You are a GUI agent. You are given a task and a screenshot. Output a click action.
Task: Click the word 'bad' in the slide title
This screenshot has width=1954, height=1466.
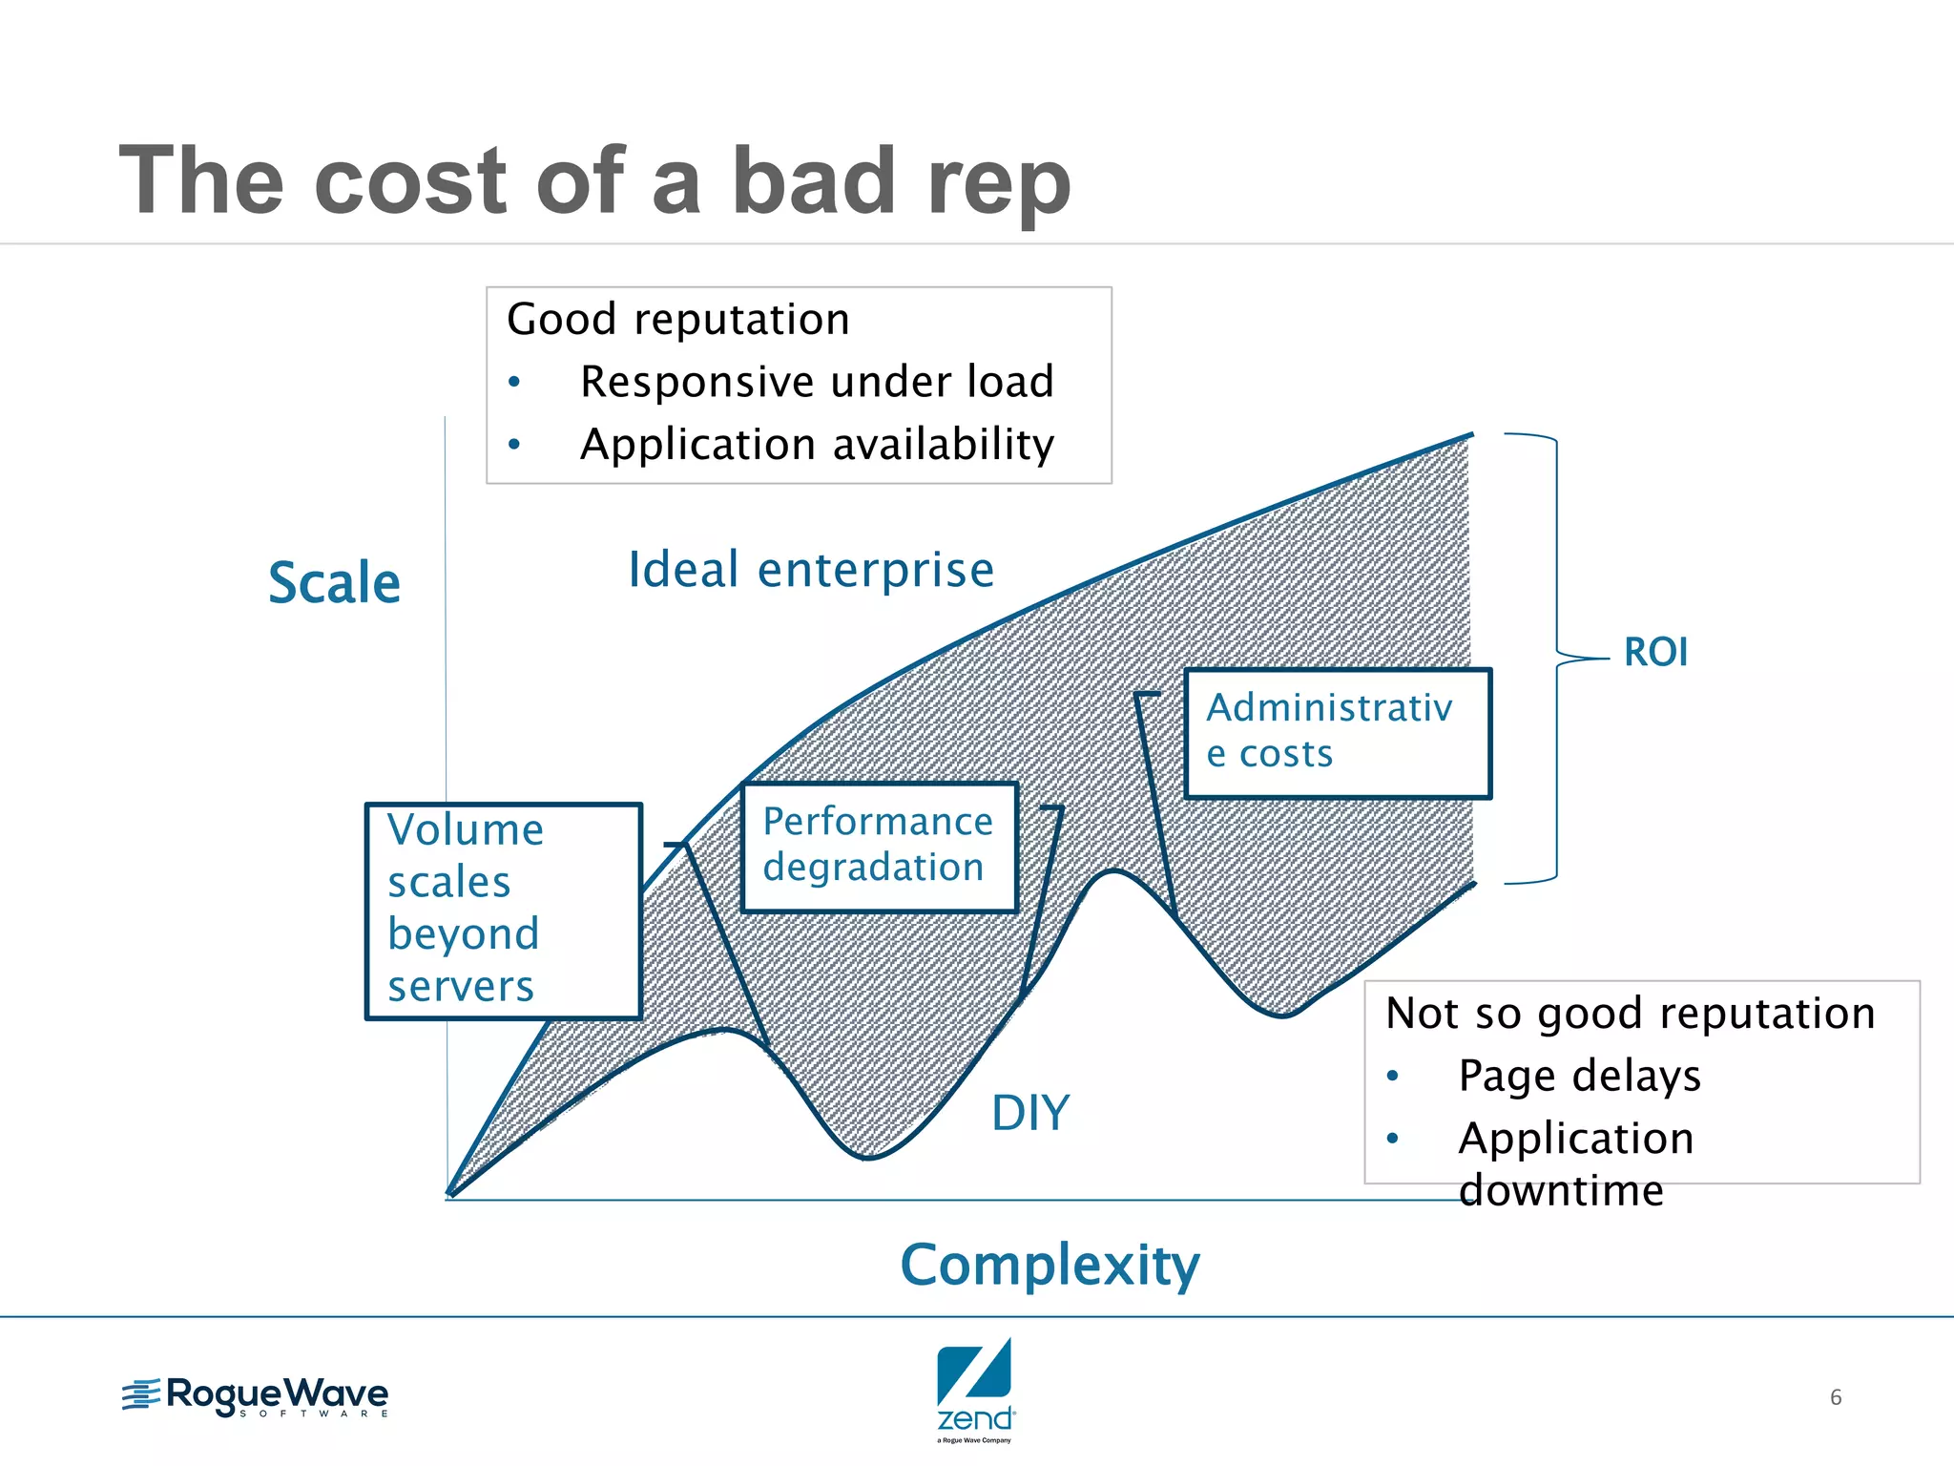tap(817, 181)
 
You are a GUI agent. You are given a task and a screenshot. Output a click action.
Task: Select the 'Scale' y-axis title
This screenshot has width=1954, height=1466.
tap(334, 583)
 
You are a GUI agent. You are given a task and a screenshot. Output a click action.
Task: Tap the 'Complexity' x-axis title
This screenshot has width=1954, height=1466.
tap(1050, 1266)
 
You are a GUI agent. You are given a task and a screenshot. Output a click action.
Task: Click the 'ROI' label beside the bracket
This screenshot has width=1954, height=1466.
tap(1655, 653)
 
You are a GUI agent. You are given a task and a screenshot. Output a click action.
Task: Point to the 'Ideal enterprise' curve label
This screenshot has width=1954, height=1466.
tap(811, 570)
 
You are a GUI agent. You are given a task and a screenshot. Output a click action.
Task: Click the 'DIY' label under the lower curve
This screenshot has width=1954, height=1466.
tap(1030, 1113)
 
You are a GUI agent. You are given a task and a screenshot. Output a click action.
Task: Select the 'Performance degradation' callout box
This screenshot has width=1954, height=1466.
tap(879, 846)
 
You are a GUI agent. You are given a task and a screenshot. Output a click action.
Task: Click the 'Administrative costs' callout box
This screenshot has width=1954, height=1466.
tap(1337, 732)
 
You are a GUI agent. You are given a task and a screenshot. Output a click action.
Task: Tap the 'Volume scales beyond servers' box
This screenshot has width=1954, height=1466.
tap(503, 911)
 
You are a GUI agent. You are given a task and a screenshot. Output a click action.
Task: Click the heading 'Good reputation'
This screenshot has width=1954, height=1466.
tap(677, 320)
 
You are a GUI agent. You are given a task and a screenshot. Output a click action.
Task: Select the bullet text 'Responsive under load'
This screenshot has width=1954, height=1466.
tap(817, 382)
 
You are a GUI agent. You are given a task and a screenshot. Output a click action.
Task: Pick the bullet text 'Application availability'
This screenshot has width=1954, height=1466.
tap(817, 445)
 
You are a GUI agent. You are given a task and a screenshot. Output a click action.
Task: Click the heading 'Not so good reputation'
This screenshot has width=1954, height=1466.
tap(1630, 1014)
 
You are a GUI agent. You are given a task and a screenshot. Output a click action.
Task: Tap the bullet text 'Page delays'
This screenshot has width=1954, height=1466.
tap(1579, 1076)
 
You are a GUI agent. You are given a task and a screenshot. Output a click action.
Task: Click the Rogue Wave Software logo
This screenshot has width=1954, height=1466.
tap(256, 1396)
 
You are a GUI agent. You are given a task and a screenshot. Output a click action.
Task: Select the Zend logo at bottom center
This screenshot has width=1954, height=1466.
tap(975, 1389)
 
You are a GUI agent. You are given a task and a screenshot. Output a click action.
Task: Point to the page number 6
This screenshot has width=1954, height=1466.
tap(1835, 1397)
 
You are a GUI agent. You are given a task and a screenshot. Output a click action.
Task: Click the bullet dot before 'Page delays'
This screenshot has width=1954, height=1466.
tap(1393, 1077)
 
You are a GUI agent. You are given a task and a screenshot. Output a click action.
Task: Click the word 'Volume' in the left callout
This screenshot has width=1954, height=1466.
tap(466, 830)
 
